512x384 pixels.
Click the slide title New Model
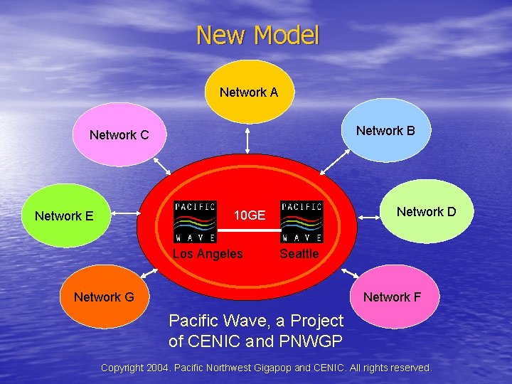257,35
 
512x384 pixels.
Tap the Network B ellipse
385,131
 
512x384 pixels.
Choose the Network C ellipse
119,134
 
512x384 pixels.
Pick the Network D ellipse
426,212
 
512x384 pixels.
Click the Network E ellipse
64,215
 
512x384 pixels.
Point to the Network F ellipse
392,297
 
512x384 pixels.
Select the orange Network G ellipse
104,297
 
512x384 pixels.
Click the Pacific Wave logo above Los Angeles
195,222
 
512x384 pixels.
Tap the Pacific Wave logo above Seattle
302,222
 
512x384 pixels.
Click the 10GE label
250,215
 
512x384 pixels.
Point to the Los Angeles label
208,254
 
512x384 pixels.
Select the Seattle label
299,254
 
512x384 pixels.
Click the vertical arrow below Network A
247,139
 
